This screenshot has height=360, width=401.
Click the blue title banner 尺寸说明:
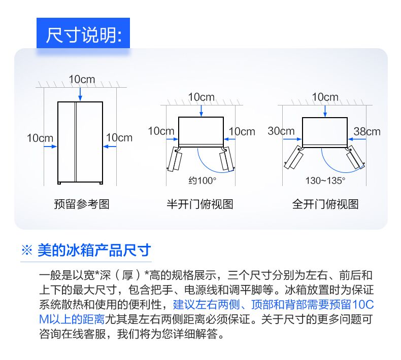pyautogui.click(x=83, y=33)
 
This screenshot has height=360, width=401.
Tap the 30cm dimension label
pyautogui.click(x=281, y=131)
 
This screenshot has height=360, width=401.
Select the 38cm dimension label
pyautogui.click(x=367, y=132)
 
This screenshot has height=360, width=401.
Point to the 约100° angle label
pyautogui.click(x=203, y=181)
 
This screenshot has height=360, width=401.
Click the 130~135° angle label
pyautogui.click(x=325, y=181)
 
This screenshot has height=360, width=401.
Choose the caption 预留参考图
pyautogui.click(x=82, y=204)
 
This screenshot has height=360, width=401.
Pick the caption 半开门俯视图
pyautogui.click(x=200, y=204)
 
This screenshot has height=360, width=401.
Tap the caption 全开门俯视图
pyautogui.click(x=325, y=204)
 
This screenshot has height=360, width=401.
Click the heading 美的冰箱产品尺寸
pyautogui.click(x=94, y=250)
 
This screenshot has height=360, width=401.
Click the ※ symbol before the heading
pyautogui.click(x=27, y=250)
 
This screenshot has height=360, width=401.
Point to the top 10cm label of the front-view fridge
pyautogui.click(x=82, y=79)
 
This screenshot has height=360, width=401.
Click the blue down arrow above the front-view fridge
pyautogui.click(x=80, y=94)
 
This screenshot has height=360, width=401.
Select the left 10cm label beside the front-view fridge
pyautogui.click(x=40, y=138)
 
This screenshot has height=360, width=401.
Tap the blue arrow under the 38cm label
pyautogui.click(x=357, y=139)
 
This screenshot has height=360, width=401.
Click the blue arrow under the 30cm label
pyautogui.click(x=292, y=139)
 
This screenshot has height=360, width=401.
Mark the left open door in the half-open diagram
pyautogui.click(x=174, y=159)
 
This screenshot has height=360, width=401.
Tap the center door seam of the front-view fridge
pyautogui.click(x=76, y=142)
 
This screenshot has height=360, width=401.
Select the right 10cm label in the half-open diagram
pyautogui.click(x=242, y=132)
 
